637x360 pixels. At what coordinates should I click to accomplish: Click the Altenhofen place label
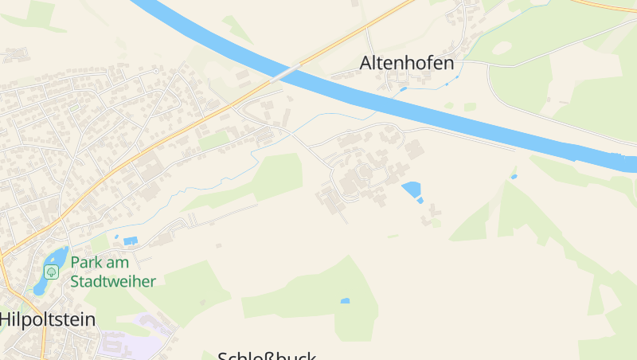(x=407, y=62)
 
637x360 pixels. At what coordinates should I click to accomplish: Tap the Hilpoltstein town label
(x=48, y=319)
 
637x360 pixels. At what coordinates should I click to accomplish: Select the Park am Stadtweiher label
(x=113, y=272)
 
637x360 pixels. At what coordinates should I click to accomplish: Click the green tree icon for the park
(x=52, y=272)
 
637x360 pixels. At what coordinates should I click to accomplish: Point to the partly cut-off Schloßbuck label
(x=268, y=355)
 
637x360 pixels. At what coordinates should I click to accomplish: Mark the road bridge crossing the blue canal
(x=287, y=72)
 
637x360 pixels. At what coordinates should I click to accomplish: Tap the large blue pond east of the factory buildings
(x=411, y=190)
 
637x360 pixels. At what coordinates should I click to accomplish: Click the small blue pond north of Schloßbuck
(x=345, y=301)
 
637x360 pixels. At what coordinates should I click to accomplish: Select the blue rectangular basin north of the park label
(x=130, y=240)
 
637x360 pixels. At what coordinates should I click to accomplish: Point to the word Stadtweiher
(x=113, y=281)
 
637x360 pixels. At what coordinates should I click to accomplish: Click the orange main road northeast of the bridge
(x=358, y=32)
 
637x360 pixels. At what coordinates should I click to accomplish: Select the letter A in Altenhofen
(x=366, y=62)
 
